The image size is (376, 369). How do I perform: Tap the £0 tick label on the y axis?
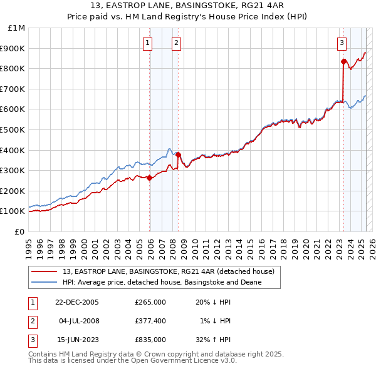[19, 231]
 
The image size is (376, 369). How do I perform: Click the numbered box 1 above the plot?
[147, 43]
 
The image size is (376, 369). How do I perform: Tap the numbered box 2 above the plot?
[176, 43]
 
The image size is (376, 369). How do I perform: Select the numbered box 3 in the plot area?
[342, 43]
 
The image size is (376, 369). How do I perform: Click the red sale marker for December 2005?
[150, 178]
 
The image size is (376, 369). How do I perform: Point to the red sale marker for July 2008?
[178, 154]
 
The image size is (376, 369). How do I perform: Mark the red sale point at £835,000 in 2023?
[343, 61]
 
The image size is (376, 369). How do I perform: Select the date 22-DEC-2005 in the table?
[77, 302]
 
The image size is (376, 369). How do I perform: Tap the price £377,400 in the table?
[150, 321]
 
